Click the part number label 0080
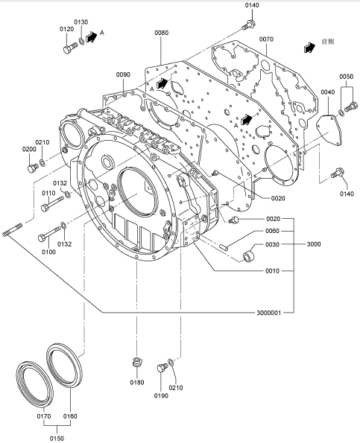[161, 33]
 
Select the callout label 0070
[266, 39]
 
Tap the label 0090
[123, 74]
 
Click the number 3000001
[268, 313]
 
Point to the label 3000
[314, 244]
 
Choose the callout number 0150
[57, 439]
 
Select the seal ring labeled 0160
[64, 366]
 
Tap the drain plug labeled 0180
[137, 362]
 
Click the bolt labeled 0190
[162, 367]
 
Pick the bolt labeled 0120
[70, 48]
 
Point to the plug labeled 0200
[33, 168]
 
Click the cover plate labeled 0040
[329, 130]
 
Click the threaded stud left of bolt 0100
[12, 229]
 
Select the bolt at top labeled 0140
[249, 25]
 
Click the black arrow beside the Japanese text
[309, 48]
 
